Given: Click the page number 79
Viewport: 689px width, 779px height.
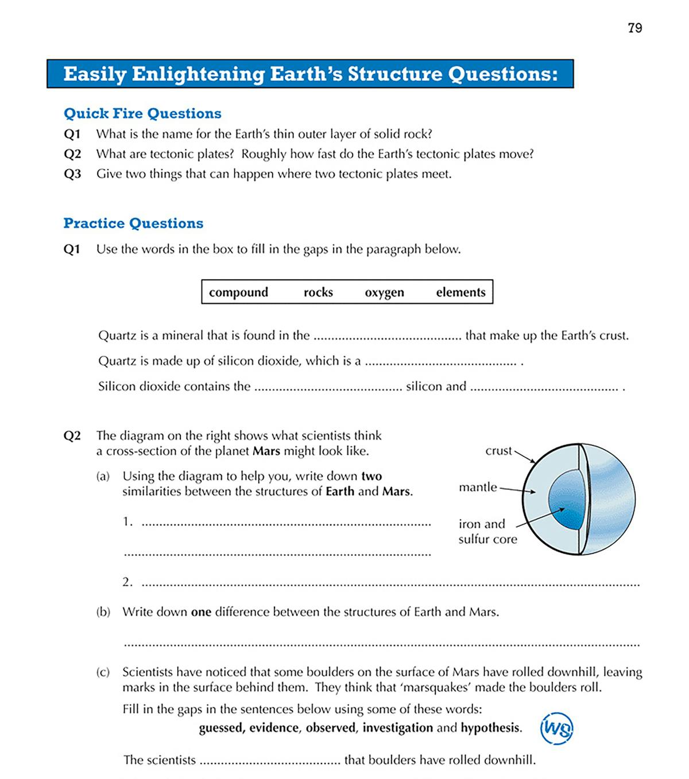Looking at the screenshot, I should (x=634, y=28).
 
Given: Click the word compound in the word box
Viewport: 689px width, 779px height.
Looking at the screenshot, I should (x=238, y=293).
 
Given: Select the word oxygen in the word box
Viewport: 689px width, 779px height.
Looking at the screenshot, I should (x=384, y=293).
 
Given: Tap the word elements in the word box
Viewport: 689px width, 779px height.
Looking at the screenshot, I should (x=460, y=292).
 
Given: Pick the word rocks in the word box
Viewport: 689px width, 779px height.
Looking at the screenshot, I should (x=318, y=292).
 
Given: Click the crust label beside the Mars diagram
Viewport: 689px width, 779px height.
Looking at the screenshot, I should (x=498, y=451).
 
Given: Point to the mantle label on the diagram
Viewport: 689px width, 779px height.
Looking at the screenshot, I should (x=478, y=487).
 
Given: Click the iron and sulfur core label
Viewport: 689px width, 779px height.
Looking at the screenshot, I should (x=487, y=531).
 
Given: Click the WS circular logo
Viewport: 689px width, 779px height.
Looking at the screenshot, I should (x=556, y=729).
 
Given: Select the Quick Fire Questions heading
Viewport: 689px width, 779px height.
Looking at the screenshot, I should (x=142, y=113).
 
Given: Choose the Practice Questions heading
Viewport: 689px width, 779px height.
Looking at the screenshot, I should (x=133, y=223).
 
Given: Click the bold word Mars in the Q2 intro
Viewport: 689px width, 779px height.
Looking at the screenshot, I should (x=266, y=451).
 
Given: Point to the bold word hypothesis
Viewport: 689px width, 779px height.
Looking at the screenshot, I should (x=490, y=728).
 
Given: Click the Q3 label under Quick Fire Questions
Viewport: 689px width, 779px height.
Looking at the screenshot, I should (x=72, y=174).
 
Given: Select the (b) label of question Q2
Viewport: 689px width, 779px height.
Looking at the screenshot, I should (x=103, y=612).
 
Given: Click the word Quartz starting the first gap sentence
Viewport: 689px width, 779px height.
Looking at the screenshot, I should (x=117, y=336).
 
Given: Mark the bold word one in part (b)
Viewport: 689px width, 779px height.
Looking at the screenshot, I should (x=201, y=612).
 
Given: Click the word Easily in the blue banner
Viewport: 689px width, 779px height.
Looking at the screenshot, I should (x=95, y=74).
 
